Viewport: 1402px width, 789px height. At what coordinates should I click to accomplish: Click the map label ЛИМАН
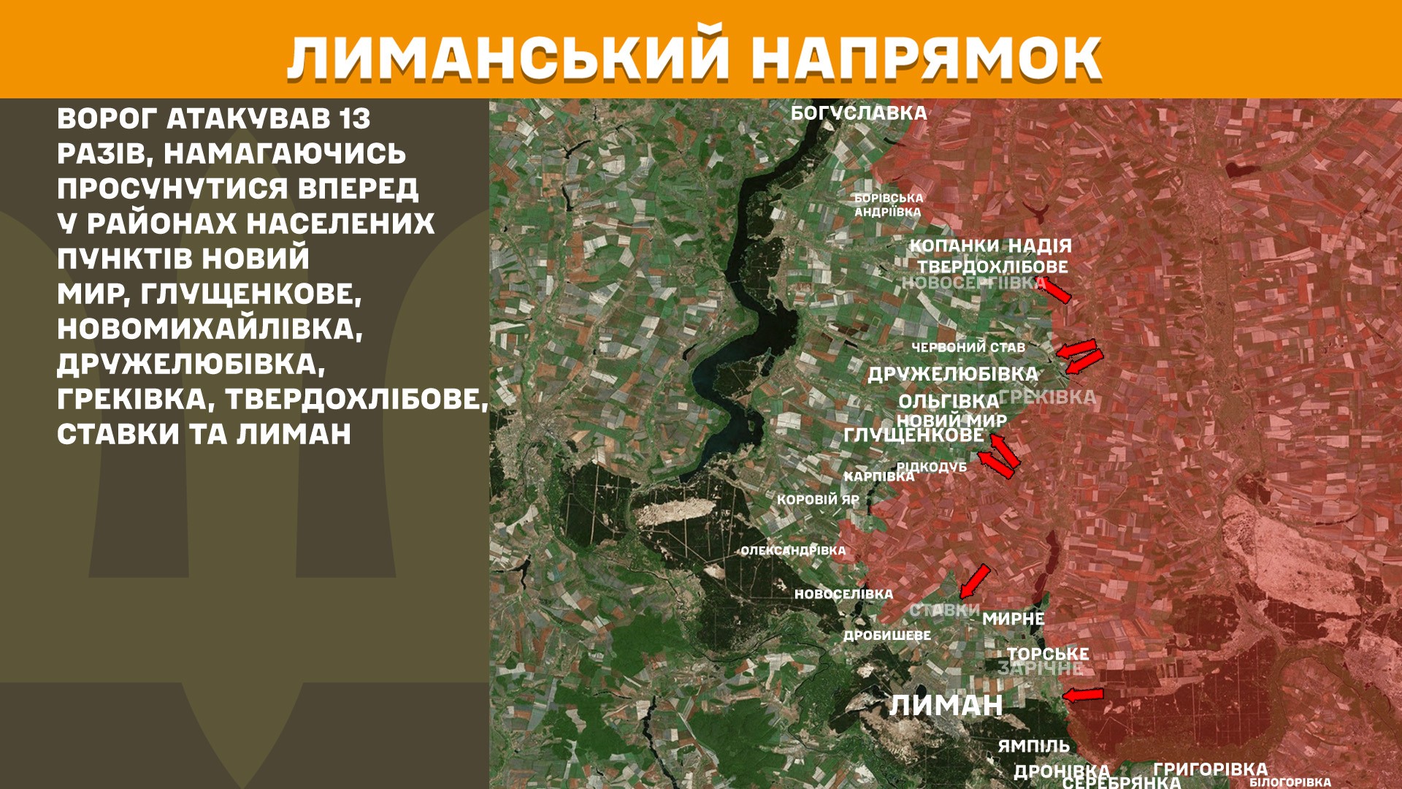pyautogui.click(x=946, y=706)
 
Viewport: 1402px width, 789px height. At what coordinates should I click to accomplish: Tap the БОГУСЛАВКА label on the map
pyautogui.click(x=859, y=113)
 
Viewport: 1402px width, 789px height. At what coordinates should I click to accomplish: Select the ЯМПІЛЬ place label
pyautogui.click(x=1033, y=746)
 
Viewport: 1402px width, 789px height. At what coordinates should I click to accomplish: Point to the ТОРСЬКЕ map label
pyautogui.click(x=1048, y=654)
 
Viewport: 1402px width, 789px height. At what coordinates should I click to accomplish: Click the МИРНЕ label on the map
pyautogui.click(x=1013, y=619)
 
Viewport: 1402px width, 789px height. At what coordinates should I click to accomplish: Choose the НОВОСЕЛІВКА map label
pyautogui.click(x=843, y=594)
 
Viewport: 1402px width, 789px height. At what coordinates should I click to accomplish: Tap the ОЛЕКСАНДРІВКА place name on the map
pyautogui.click(x=793, y=550)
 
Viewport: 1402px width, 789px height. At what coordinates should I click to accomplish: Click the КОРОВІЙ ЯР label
pyautogui.click(x=818, y=500)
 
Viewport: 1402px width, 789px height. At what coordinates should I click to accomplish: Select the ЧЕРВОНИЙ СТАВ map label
pyautogui.click(x=968, y=348)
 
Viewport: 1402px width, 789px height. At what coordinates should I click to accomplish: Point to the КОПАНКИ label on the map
pyautogui.click(x=954, y=245)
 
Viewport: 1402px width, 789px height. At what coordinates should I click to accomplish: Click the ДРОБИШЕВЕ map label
pyautogui.click(x=887, y=636)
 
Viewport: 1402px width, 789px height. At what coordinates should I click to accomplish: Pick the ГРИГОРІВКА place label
pyautogui.click(x=1210, y=769)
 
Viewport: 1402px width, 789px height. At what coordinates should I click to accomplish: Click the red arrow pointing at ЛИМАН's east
pyautogui.click(x=1083, y=695)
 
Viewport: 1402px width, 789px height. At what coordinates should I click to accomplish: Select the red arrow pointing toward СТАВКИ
pyautogui.click(x=975, y=581)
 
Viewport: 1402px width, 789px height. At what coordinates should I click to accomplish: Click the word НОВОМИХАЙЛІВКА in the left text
pyautogui.click(x=210, y=329)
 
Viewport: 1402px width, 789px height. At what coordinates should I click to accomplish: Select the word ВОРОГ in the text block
pyautogui.click(x=107, y=118)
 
